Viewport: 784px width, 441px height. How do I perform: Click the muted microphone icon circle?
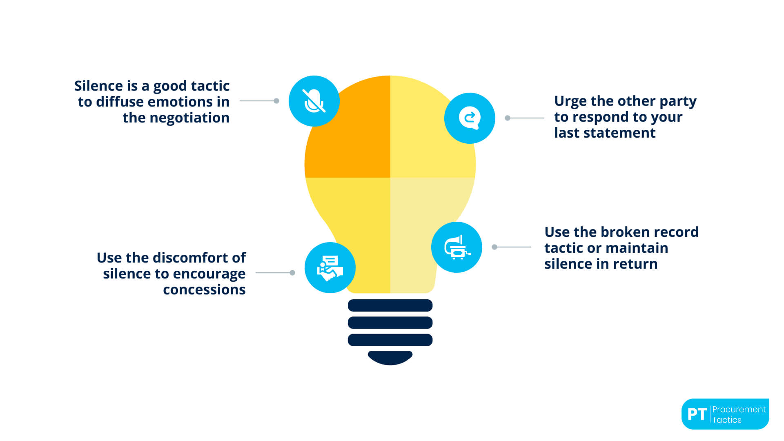click(x=314, y=101)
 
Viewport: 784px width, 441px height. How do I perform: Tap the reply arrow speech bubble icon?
click(x=470, y=118)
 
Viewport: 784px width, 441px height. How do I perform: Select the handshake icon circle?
click(x=330, y=267)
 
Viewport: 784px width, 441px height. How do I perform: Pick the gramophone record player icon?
click(x=457, y=247)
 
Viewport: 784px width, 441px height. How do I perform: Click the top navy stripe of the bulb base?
click(x=390, y=305)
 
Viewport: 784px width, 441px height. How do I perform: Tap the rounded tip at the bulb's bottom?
click(x=390, y=357)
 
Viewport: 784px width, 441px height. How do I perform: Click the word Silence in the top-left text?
click(x=98, y=86)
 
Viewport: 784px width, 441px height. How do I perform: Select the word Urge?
click(x=570, y=101)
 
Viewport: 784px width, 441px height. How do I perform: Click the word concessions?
click(x=204, y=290)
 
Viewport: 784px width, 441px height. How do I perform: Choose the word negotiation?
click(x=189, y=118)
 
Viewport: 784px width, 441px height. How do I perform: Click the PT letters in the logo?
click(x=697, y=414)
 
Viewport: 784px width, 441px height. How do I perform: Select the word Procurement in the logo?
click(x=739, y=409)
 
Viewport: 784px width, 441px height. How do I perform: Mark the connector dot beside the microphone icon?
click(x=276, y=101)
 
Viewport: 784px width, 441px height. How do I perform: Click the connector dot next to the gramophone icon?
click(x=494, y=247)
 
